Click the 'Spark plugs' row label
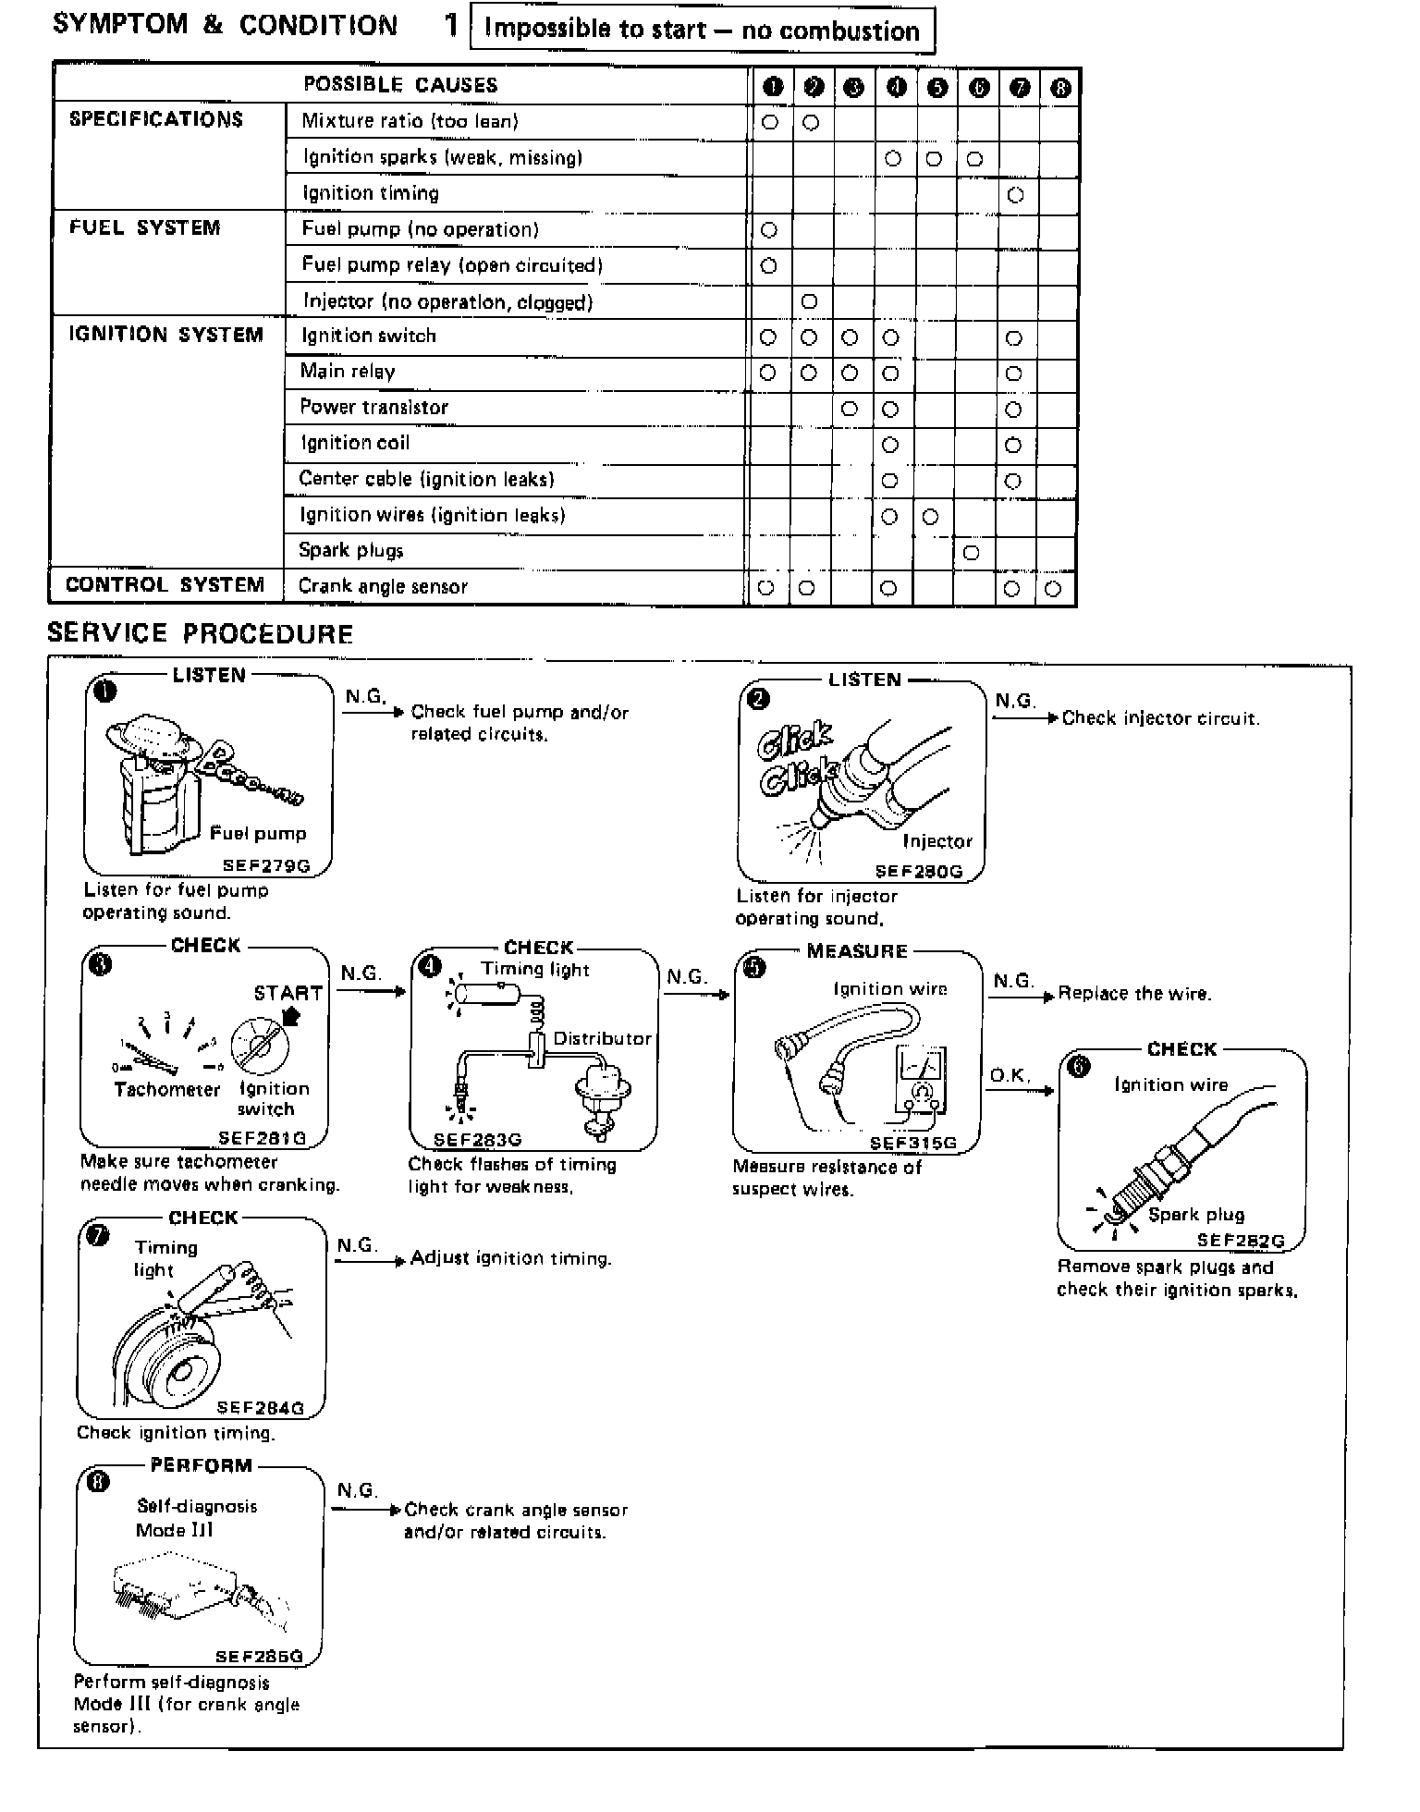(351, 551)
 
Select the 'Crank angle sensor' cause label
(383, 586)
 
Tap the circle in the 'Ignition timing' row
(1015, 195)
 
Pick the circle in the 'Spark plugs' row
(971, 553)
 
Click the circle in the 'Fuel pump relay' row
(768, 266)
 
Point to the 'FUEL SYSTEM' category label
(145, 227)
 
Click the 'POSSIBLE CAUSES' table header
(400, 85)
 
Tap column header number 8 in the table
(1060, 88)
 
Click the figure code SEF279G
(266, 866)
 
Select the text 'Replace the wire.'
(1134, 994)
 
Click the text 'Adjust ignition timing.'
(511, 1258)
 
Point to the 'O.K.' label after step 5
(1010, 1075)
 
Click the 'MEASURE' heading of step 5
(857, 951)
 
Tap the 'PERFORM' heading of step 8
(201, 1465)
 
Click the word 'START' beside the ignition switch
(288, 993)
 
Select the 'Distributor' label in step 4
(602, 1038)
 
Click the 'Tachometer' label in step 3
(167, 1089)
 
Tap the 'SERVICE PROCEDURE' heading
(200, 633)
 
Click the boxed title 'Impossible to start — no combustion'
(702, 31)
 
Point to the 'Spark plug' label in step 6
(1196, 1214)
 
